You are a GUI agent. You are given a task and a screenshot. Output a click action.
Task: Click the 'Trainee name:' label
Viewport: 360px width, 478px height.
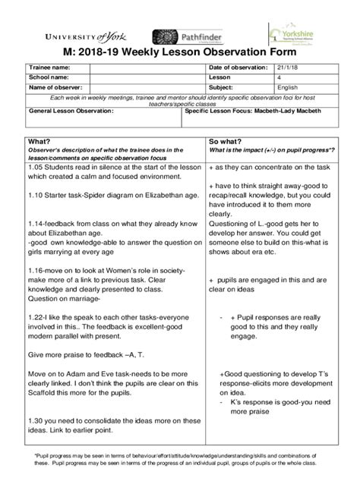(50, 68)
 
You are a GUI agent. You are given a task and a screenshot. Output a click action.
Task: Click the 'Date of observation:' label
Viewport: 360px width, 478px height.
(238, 68)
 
